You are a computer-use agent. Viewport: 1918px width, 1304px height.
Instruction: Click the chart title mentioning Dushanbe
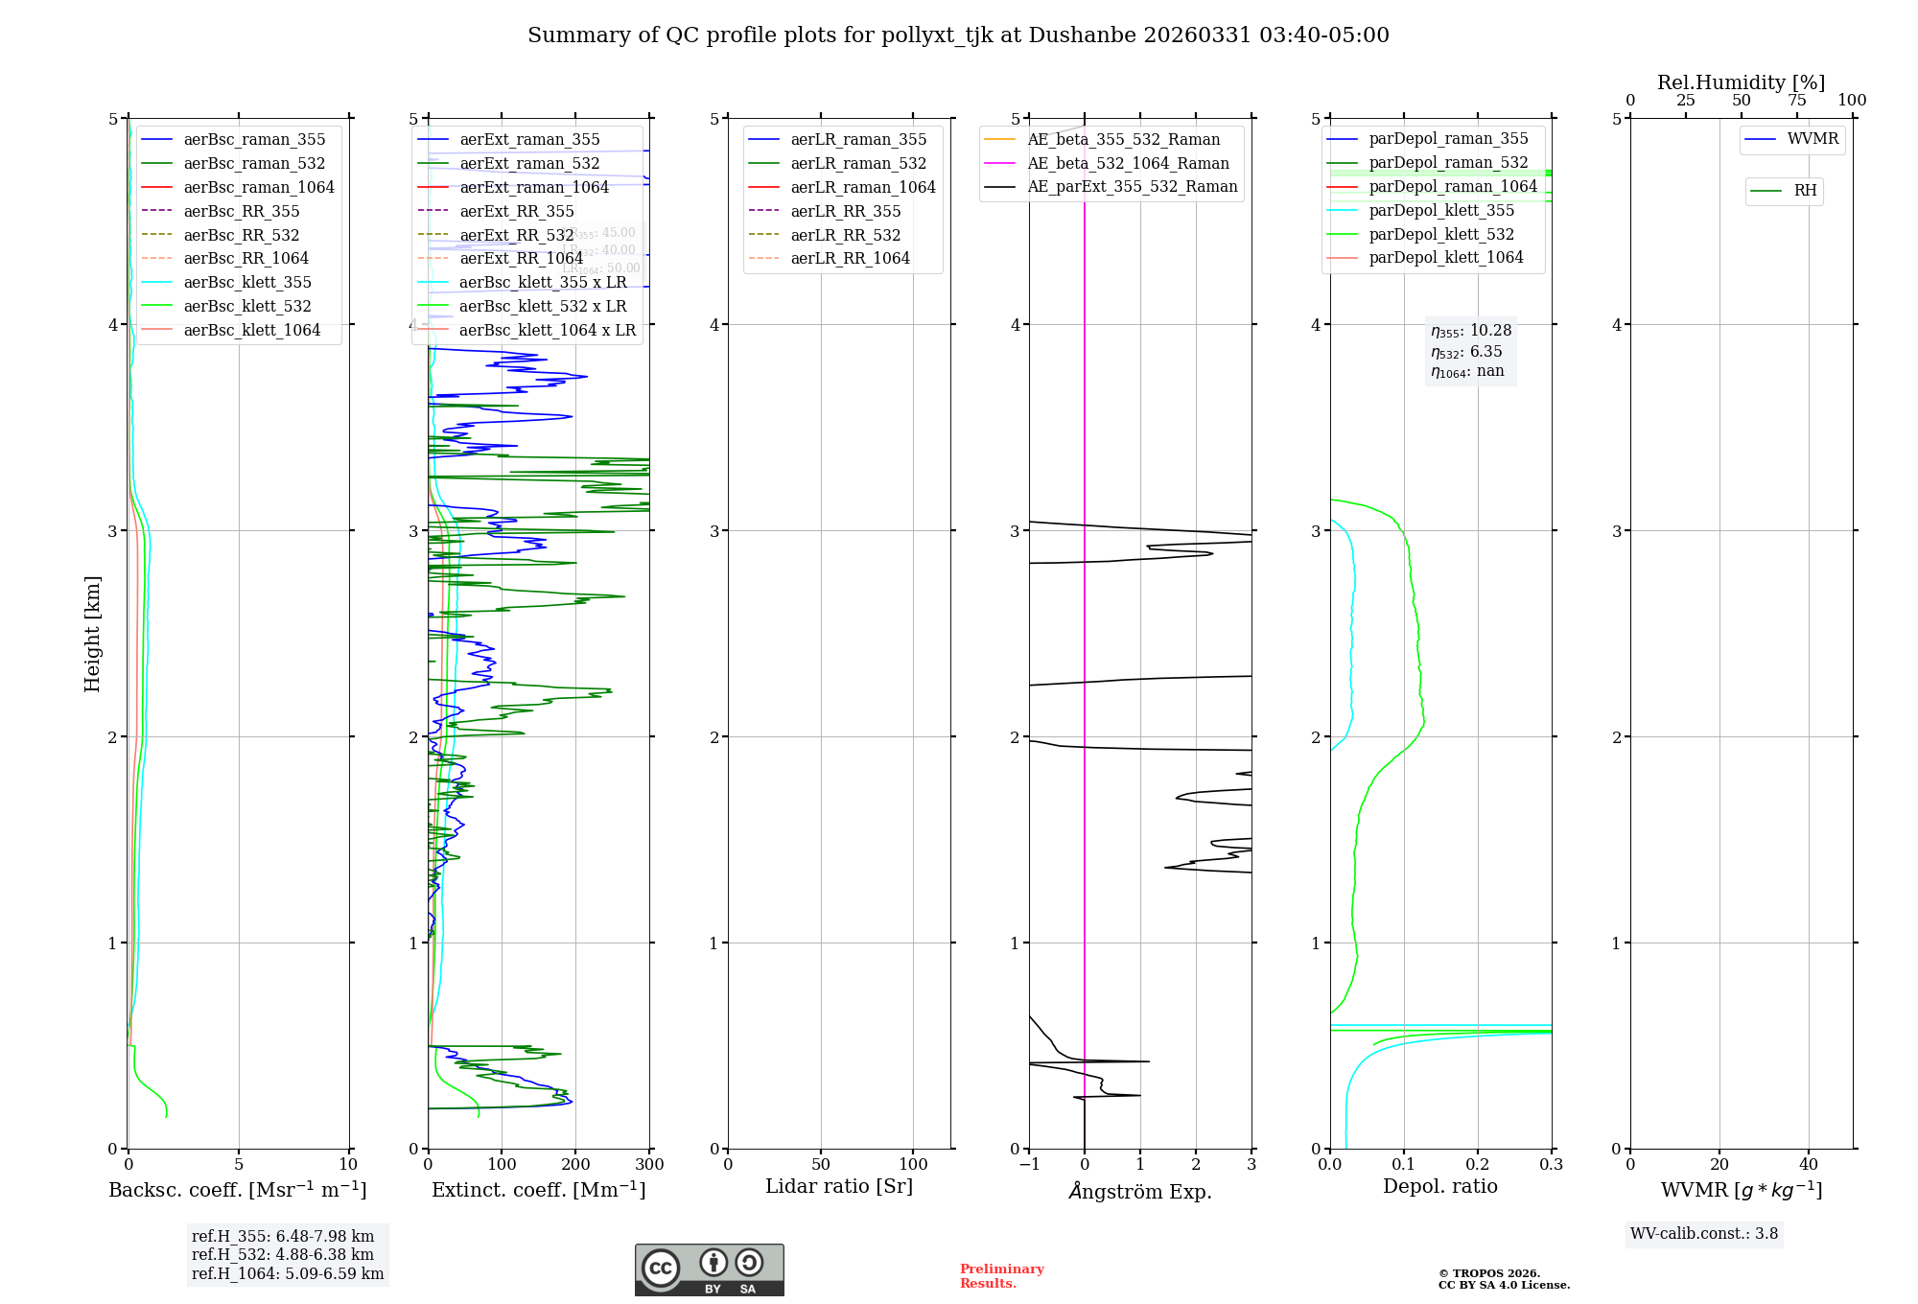958,35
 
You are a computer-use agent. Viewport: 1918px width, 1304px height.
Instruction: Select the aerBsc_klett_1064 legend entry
252,330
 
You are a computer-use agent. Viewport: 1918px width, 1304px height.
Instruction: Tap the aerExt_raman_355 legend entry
529,140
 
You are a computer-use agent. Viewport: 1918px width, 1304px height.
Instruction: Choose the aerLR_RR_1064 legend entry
850,259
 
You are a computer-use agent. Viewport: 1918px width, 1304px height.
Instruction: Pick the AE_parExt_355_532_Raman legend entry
1132,187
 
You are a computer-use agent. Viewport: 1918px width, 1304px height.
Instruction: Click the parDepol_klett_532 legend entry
1441,234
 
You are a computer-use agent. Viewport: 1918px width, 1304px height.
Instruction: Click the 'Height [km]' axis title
92,634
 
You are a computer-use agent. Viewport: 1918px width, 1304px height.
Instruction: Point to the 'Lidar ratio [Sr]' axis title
839,1187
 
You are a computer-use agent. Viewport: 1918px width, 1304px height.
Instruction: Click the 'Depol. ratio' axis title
1439,1187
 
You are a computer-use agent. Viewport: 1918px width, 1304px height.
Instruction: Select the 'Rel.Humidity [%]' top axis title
1741,82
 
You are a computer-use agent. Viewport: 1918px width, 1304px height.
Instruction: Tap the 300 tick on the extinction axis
649,1165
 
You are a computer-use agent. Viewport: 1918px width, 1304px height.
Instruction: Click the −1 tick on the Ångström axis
1029,1165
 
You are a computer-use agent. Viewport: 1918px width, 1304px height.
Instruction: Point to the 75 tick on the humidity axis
1796,101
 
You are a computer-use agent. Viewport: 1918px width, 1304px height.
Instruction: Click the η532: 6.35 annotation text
1466,352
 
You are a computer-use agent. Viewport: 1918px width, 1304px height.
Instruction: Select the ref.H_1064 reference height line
288,1274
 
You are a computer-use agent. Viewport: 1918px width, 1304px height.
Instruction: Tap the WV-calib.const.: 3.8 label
1703,1234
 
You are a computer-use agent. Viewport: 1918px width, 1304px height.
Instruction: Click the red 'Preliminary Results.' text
1001,1276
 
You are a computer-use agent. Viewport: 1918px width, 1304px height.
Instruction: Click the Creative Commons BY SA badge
709,1269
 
